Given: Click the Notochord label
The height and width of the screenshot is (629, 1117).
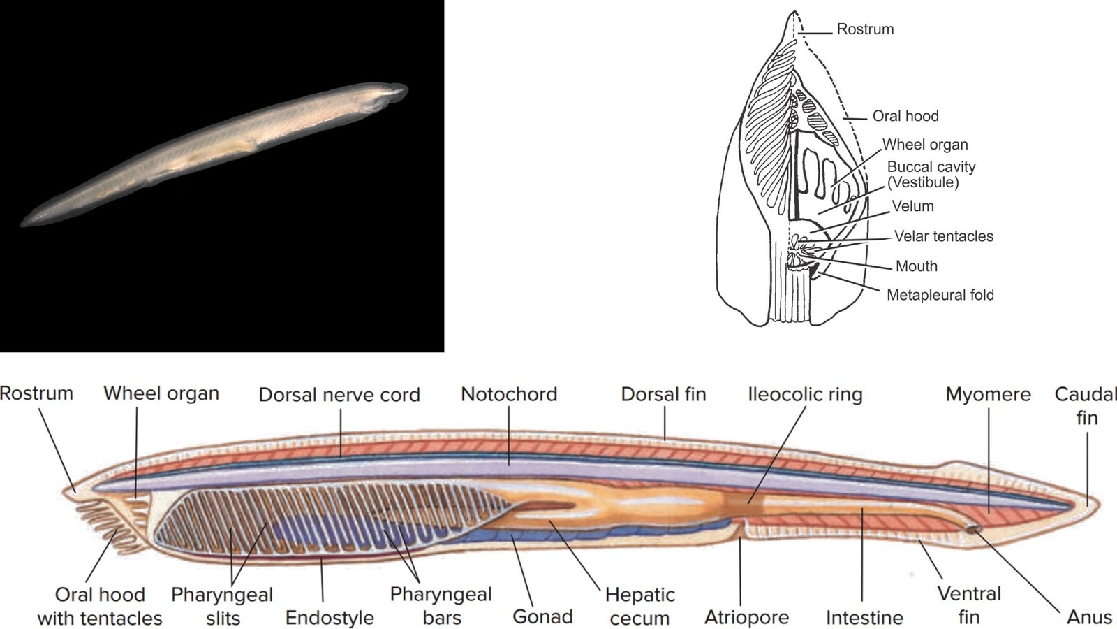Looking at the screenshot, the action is point(509,394).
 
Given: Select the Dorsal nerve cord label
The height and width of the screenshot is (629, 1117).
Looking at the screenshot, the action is point(339,395).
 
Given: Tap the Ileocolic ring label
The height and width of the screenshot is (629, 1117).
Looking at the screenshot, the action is point(806,395).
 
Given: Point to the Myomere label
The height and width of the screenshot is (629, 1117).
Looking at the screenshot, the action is point(988,395).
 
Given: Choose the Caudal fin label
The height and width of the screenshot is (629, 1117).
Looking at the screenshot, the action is point(1086,405).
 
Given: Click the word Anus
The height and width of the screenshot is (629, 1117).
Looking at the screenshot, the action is point(1090,617).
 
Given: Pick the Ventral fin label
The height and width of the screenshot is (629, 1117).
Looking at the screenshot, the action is point(969,605).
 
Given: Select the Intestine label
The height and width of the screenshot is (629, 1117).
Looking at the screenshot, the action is point(865,617).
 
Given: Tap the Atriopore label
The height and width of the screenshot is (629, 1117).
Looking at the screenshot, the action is point(746,618).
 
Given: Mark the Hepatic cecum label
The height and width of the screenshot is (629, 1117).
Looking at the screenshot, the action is point(639,606).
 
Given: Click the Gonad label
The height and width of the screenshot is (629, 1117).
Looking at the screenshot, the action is point(542,616).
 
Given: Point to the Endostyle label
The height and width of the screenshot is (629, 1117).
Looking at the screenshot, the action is point(330,618).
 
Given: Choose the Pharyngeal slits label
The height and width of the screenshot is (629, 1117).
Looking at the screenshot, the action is point(222,606).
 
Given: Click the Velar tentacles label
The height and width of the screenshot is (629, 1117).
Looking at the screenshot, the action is point(943,236).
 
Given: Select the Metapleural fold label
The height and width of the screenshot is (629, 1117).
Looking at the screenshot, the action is point(940,295).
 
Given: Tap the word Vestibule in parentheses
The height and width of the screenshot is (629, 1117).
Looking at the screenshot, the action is point(923,182).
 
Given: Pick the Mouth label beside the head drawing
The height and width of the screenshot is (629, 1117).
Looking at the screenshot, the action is point(917,266).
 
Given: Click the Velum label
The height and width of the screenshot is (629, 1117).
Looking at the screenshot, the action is point(912,206).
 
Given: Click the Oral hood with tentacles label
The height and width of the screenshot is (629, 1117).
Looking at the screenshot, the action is point(100,606).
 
